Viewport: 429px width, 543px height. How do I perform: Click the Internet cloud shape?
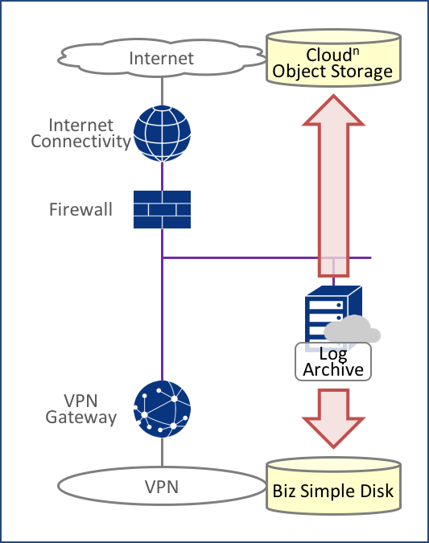tap(162, 58)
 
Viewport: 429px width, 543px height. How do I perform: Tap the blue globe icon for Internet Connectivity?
tap(162, 134)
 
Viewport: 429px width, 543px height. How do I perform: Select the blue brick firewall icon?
tap(162, 209)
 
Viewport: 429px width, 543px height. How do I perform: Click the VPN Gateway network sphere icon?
tap(162, 409)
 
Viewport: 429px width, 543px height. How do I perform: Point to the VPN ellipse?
tap(162, 486)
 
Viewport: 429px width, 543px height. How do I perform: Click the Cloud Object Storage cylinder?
tap(333, 58)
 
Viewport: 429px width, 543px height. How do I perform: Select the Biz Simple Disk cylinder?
tap(333, 486)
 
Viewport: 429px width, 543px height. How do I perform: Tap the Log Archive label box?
tap(333, 362)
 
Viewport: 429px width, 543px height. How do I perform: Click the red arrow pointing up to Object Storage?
tap(333, 186)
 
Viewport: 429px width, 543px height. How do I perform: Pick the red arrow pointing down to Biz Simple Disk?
tap(333, 418)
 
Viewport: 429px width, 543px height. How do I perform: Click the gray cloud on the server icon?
tap(352, 329)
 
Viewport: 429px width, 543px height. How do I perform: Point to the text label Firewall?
tap(80, 209)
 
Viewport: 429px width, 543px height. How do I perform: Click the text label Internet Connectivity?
tap(80, 134)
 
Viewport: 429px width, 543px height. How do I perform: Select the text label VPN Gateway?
tap(80, 409)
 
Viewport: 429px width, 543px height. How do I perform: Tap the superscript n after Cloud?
tap(356, 51)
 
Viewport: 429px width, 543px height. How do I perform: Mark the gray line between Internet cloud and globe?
tap(162, 92)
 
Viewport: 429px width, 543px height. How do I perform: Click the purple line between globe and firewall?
tap(162, 176)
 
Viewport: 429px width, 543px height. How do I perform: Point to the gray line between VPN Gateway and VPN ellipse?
tap(162, 452)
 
